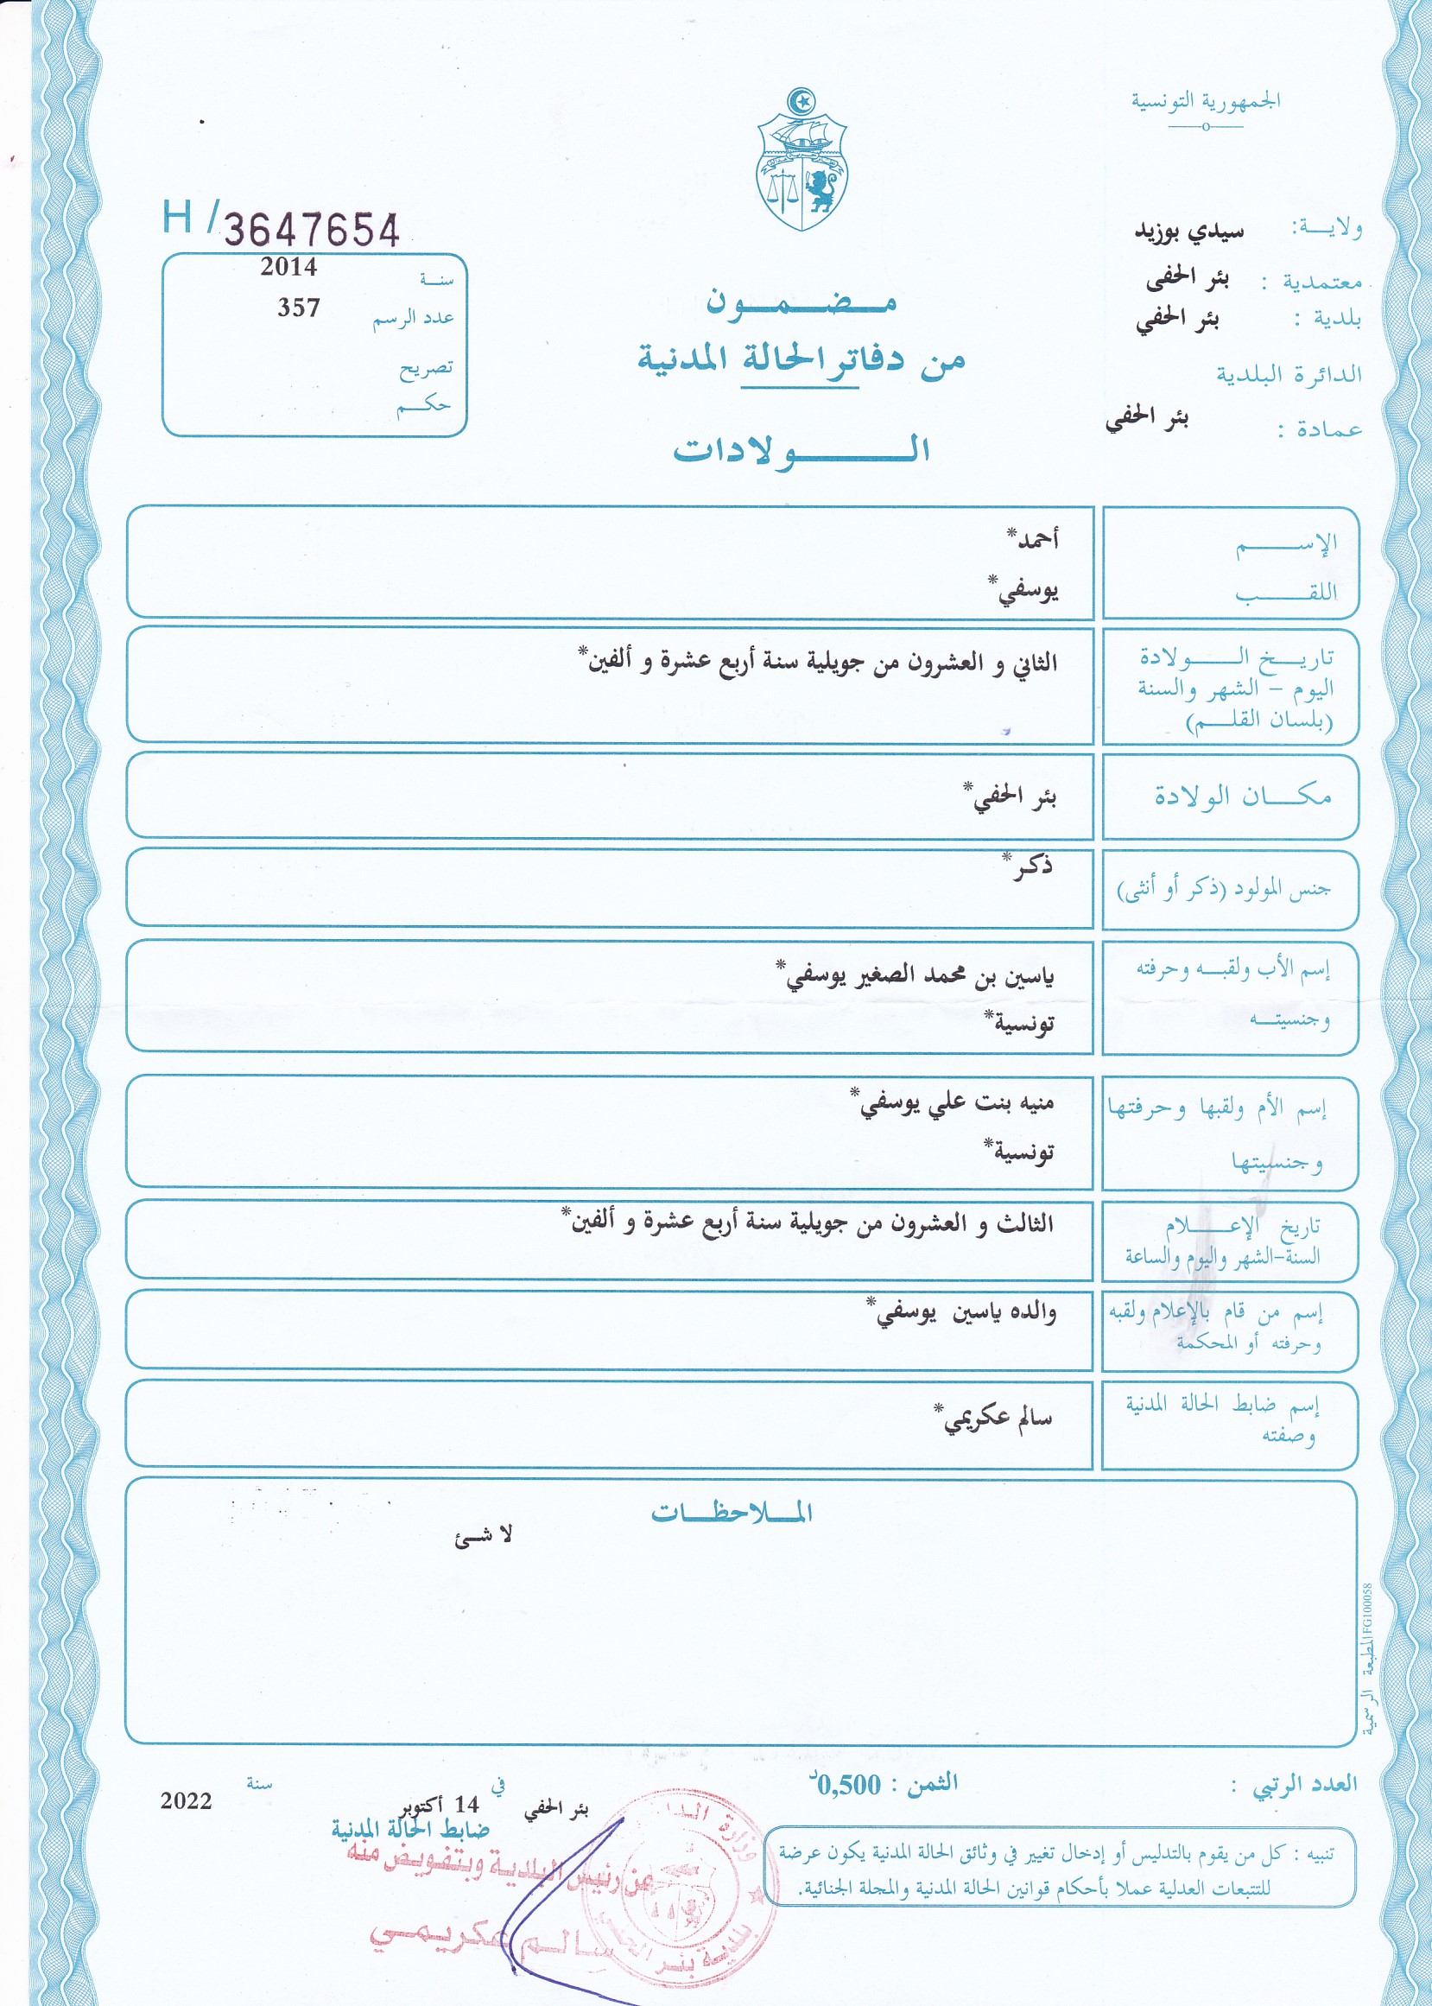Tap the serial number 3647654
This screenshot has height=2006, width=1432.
[311, 229]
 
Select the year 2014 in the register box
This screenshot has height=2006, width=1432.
[288, 267]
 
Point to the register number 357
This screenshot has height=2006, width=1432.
[299, 308]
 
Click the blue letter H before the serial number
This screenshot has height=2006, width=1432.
[176, 216]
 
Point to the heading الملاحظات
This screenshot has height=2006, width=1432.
[731, 1513]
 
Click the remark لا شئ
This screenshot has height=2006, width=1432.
[483, 1537]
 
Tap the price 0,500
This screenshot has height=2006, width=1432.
[847, 1785]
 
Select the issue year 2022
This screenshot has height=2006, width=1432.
[186, 1800]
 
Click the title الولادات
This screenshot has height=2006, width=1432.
[802, 450]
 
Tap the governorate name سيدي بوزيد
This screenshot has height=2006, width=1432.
[1188, 230]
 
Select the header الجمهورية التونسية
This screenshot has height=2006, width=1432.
[1206, 101]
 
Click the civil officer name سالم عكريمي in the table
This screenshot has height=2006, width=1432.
[997, 1419]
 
